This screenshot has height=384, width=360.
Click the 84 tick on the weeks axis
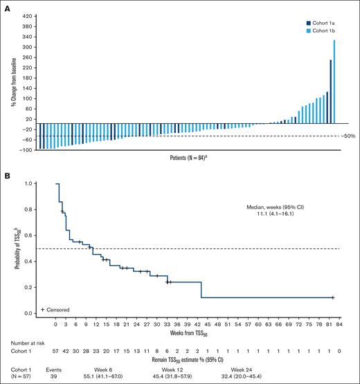339,323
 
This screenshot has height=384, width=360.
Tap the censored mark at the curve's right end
333,298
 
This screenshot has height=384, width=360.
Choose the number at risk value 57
56,351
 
